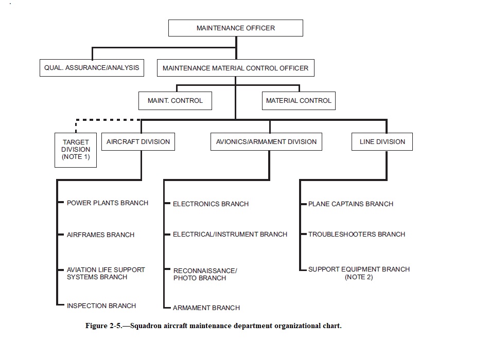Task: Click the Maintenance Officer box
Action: [x=235, y=28]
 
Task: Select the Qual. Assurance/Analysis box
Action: [x=92, y=68]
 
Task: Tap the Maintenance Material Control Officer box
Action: [x=235, y=68]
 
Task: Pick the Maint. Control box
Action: [x=175, y=101]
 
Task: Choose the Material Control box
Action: [x=299, y=101]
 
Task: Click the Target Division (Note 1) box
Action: [x=76, y=150]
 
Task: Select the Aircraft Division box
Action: [x=138, y=142]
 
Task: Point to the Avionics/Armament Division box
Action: [x=266, y=142]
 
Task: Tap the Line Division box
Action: [x=382, y=142]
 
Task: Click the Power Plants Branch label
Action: [x=108, y=203]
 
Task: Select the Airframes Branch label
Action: [x=100, y=235]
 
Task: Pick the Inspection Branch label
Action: [x=101, y=306]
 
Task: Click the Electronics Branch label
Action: [x=211, y=204]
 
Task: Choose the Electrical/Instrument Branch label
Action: [x=230, y=234]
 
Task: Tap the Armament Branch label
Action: [x=206, y=308]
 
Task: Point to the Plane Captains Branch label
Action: [x=351, y=204]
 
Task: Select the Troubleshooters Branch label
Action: [x=357, y=234]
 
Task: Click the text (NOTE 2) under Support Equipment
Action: [x=359, y=277]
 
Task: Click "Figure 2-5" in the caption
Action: [x=103, y=326]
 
